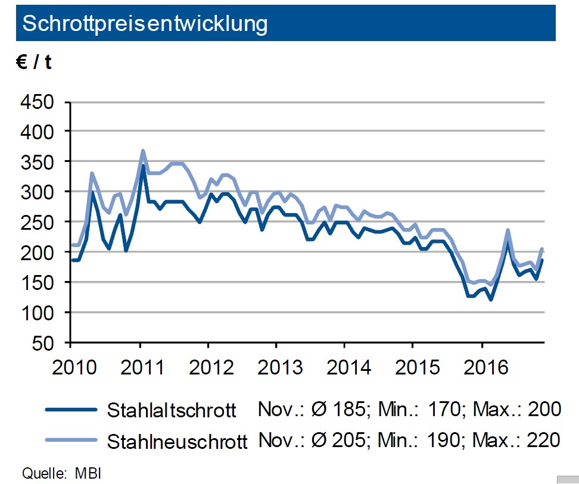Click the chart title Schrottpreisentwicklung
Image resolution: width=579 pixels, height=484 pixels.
click(x=145, y=23)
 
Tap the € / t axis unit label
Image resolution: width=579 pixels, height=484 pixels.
click(x=34, y=62)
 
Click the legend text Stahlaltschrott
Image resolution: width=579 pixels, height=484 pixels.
click(x=172, y=410)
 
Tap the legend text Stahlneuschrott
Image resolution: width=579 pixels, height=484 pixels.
click(x=178, y=441)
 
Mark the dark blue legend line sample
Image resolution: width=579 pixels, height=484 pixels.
click(x=70, y=410)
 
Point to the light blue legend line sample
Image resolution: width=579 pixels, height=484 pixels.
click(x=70, y=440)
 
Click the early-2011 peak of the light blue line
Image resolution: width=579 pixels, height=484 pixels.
click(x=143, y=151)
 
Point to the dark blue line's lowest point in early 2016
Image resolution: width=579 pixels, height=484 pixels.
click(x=491, y=299)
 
